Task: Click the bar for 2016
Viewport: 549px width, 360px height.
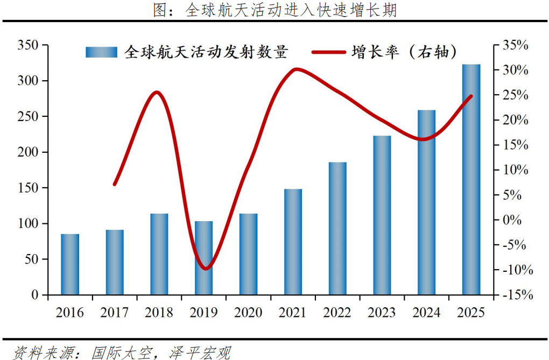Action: click(70, 264)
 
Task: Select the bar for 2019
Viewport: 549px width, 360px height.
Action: click(204, 258)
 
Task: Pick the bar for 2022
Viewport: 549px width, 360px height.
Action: click(337, 228)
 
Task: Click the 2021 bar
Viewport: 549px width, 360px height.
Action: click(293, 242)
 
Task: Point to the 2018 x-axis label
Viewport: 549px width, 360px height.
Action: click(159, 313)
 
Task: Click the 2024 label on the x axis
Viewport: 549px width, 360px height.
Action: click(426, 313)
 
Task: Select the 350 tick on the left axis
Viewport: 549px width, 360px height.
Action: click(28, 46)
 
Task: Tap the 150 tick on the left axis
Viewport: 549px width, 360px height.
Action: click(28, 188)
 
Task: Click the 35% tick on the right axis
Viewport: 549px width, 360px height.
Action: click(515, 46)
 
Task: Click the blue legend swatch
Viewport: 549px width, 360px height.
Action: click(101, 52)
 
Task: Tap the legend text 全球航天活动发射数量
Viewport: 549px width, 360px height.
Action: click(206, 52)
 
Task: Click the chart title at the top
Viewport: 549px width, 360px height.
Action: click(274, 11)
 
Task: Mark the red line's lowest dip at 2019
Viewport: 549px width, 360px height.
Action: click(205, 268)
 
